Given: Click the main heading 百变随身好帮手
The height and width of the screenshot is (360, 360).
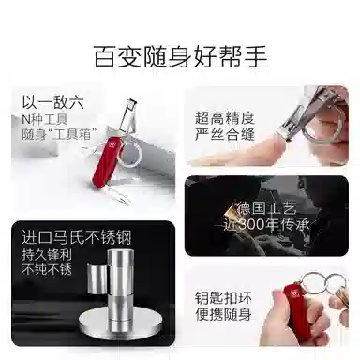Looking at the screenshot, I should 180,55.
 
